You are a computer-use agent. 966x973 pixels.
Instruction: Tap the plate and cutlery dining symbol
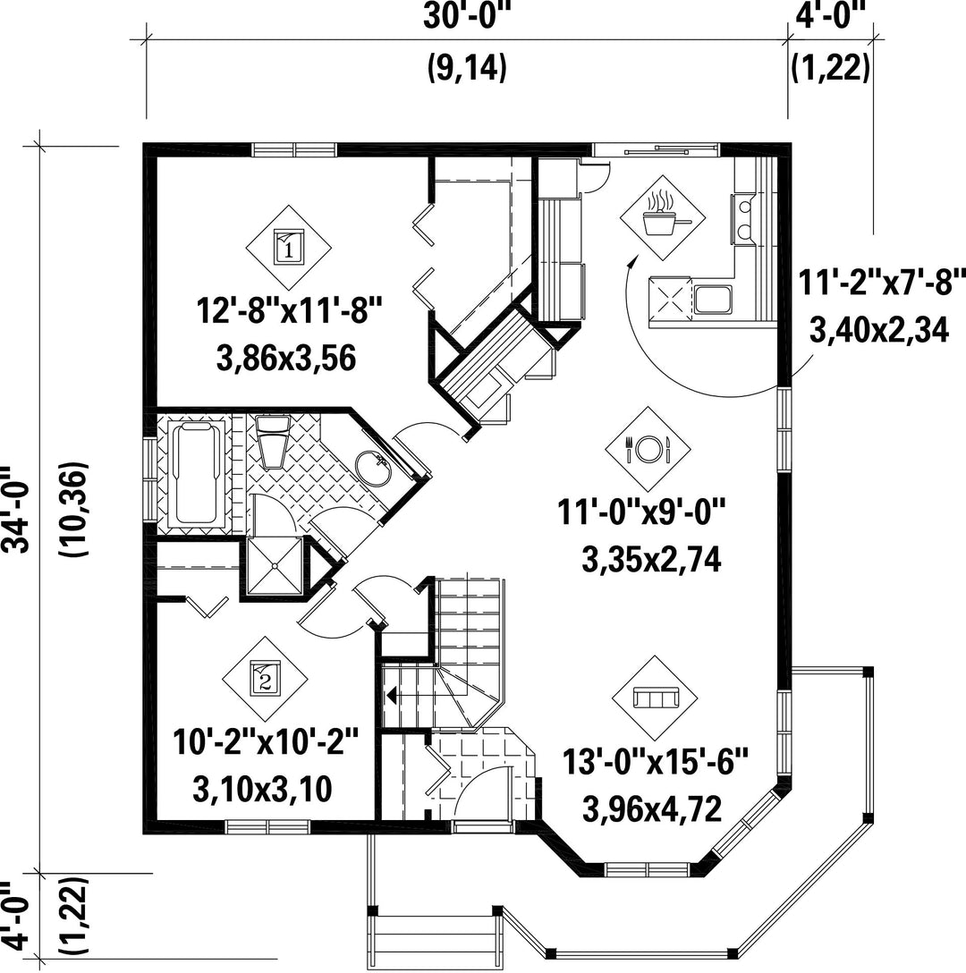coord(648,449)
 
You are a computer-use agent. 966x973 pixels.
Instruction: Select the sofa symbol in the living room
coord(655,698)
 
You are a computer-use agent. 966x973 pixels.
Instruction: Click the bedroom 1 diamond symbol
coord(289,247)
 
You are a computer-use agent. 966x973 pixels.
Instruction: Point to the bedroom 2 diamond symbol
coord(265,679)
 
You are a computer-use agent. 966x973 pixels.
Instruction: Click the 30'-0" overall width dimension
coord(465,17)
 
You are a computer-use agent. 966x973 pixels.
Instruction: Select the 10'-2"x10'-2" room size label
coord(266,741)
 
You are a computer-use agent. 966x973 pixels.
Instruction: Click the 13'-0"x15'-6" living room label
coord(656,761)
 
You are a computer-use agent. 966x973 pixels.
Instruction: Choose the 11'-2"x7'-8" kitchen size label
coord(882,283)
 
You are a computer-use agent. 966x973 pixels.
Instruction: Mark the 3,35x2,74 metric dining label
coord(651,560)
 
